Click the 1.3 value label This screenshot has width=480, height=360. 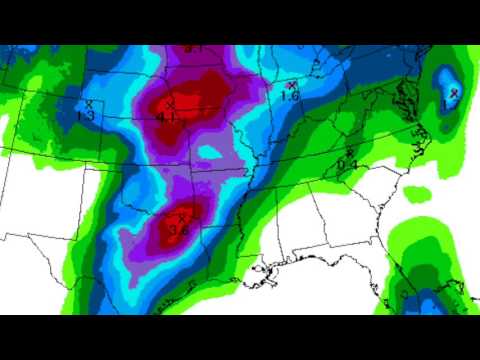coord(87,115)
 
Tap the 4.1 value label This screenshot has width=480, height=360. coord(166,117)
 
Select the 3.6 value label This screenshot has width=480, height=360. coord(179,229)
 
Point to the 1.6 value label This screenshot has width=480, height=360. coord(290,97)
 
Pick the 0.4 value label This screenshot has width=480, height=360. coord(348,164)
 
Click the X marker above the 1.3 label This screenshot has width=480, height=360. coord(89,103)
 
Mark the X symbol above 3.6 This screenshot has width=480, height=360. coord(182,216)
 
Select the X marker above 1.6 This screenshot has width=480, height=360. coord(291,85)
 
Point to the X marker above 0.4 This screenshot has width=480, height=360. coord(349,152)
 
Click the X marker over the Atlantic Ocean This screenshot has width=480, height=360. coord(454,94)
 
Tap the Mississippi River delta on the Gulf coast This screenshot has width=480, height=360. coord(267,272)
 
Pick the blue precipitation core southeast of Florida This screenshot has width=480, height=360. coord(425,300)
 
